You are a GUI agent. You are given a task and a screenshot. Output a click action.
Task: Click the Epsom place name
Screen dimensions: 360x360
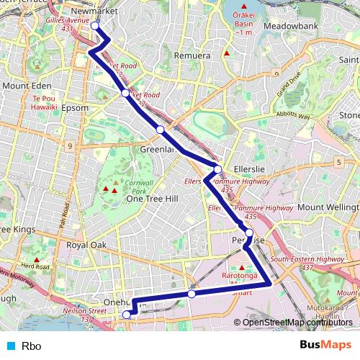tap(75, 108)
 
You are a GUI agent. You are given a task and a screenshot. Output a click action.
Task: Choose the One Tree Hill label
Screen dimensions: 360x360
tap(152, 199)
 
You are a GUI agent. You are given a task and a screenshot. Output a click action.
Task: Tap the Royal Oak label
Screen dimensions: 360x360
tap(86, 245)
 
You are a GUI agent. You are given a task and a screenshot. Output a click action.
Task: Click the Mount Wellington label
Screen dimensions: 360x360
tap(328, 207)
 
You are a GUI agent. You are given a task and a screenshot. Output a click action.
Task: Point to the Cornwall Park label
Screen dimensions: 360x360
tap(138, 188)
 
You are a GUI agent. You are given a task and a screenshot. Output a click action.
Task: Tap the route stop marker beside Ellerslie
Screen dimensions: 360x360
tap(217, 169)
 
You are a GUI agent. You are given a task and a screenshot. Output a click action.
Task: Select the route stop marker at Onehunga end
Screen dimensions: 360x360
tap(127, 314)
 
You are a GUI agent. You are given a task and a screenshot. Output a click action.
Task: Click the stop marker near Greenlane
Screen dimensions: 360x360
tap(160, 130)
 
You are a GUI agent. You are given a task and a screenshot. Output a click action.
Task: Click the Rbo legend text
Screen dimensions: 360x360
tap(31, 346)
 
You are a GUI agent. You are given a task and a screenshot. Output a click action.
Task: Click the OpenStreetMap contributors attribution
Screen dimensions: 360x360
tap(297, 322)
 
